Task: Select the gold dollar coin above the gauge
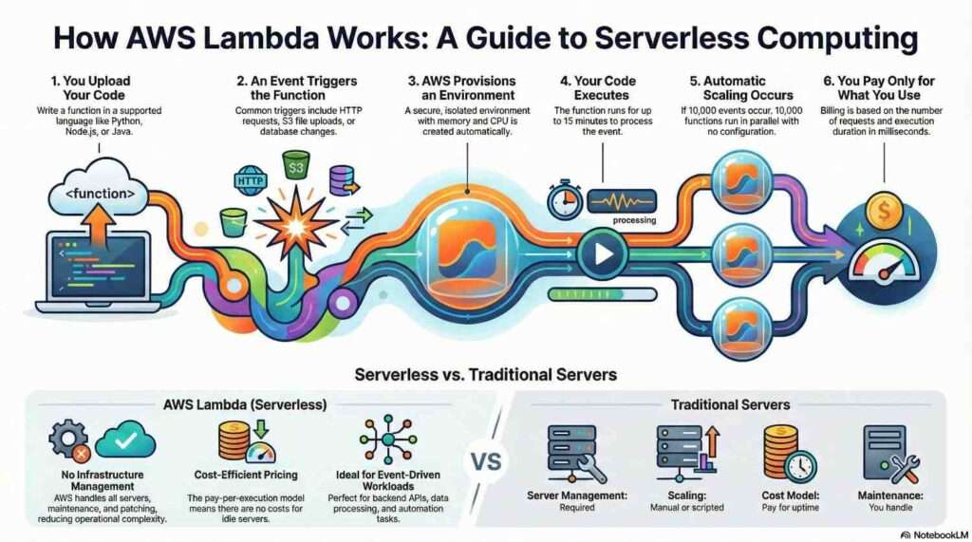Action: pyautogui.click(x=885, y=212)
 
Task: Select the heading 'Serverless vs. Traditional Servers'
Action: pyautogui.click(x=485, y=374)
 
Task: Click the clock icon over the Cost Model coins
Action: pyautogui.click(x=800, y=464)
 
